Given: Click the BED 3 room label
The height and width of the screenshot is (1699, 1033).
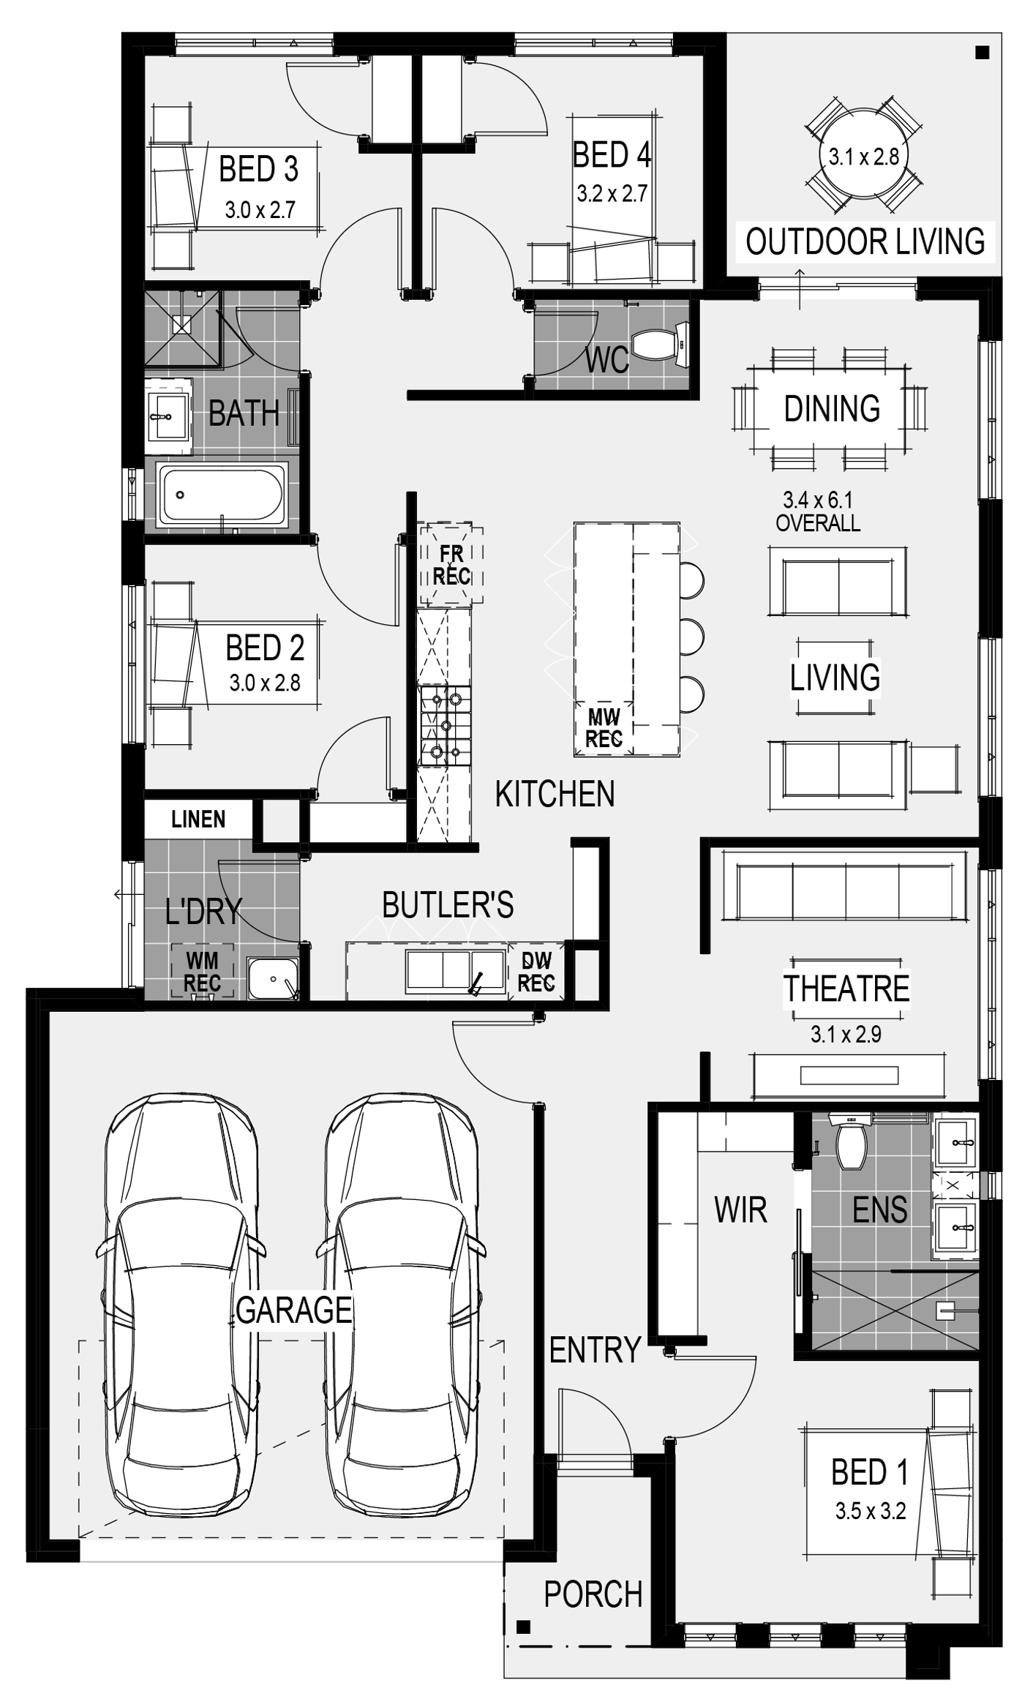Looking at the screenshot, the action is (x=258, y=170).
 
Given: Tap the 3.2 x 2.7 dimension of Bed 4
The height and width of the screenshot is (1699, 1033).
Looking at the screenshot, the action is (x=612, y=194).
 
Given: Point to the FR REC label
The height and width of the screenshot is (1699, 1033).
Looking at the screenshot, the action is (x=451, y=566).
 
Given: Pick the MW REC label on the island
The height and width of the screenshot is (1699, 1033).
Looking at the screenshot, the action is (x=604, y=728).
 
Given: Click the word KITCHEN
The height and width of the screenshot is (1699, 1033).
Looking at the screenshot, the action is (x=555, y=794).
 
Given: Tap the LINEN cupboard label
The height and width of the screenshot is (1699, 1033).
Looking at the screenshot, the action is (x=198, y=820).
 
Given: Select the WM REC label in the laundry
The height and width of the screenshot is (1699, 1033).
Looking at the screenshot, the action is (x=202, y=972).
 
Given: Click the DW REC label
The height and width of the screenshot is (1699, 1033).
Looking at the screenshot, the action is (x=536, y=972).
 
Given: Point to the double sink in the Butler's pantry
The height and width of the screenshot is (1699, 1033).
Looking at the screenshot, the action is (x=456, y=972).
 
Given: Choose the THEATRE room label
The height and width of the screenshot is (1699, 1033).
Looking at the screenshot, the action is (x=846, y=989).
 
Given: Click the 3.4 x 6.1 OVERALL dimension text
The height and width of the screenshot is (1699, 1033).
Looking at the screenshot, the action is (x=818, y=511).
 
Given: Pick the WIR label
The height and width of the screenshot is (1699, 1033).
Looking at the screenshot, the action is (x=740, y=1210).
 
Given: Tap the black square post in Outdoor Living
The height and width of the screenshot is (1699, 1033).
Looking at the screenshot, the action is (x=983, y=53).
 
